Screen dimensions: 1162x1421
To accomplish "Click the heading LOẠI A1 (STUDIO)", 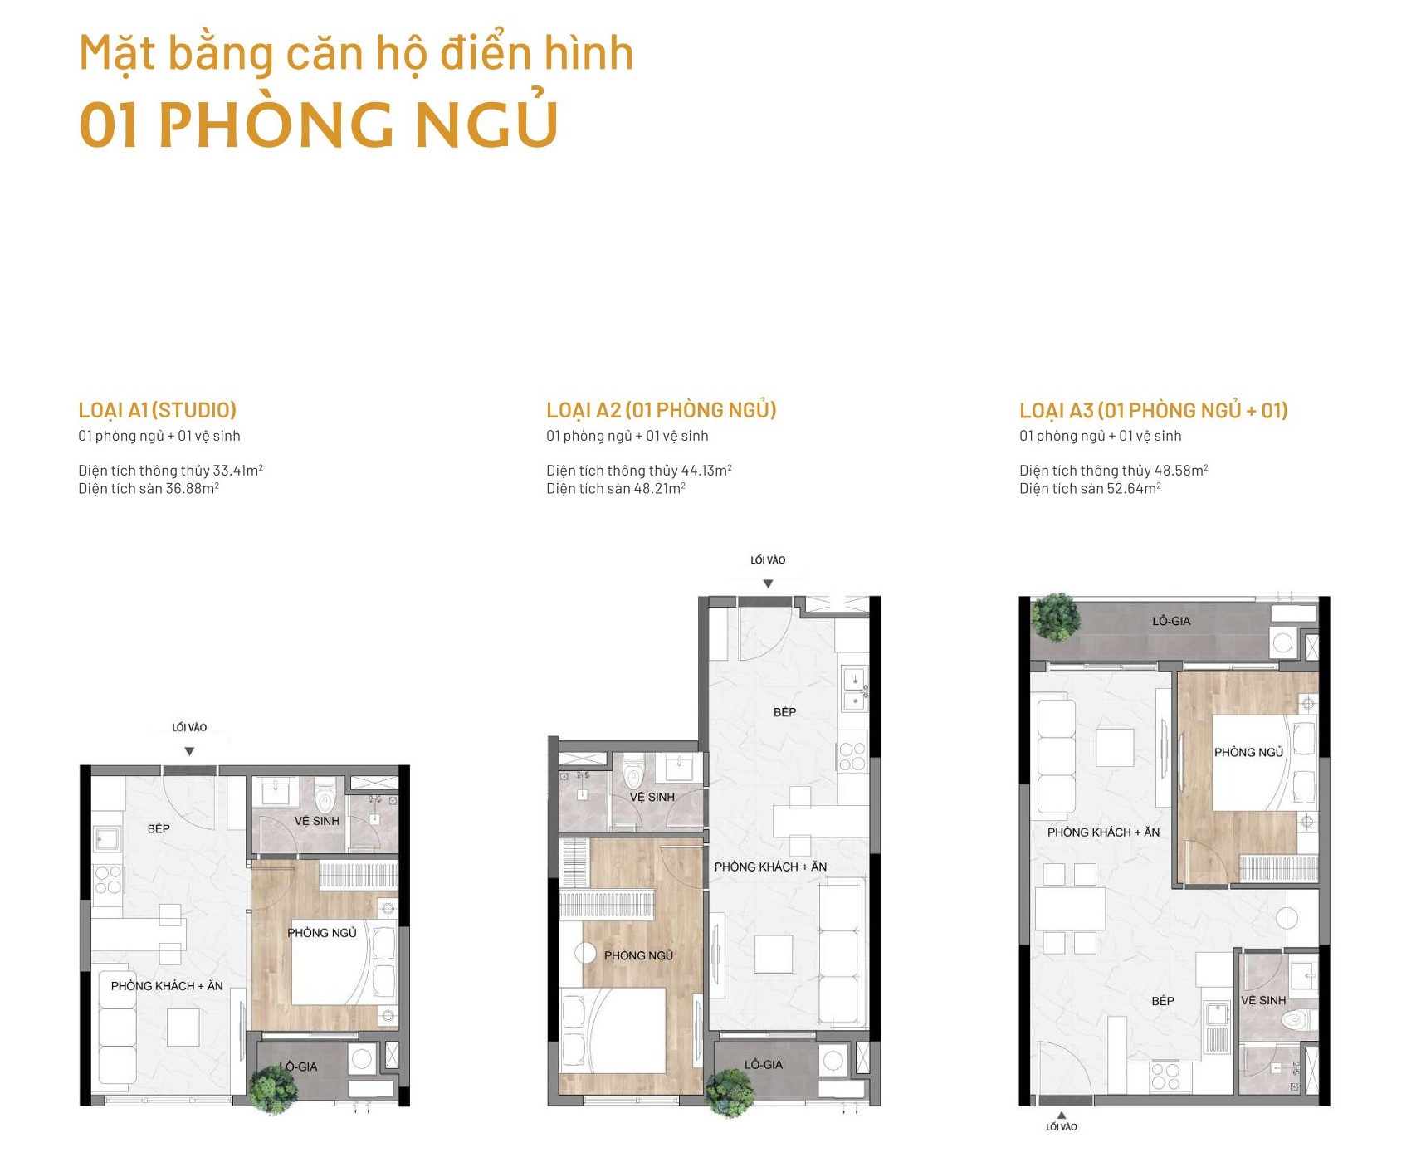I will (158, 410).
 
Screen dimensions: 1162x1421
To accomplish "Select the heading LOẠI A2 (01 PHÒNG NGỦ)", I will (661, 410).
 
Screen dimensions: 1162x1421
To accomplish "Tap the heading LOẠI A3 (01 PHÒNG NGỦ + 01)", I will (1153, 410).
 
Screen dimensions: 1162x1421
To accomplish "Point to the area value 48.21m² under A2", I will (659, 489).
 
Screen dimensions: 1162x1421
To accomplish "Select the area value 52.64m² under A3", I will (1133, 489).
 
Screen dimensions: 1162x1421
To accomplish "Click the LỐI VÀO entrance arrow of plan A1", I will (189, 751).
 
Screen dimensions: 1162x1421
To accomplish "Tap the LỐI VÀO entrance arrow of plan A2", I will (768, 583).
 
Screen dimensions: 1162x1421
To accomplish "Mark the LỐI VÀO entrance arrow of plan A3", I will (1061, 1116).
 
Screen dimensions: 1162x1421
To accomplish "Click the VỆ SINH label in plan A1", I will (316, 821).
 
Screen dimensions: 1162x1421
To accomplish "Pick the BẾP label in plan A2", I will (784, 712).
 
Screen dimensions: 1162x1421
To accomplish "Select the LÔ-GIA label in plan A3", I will (1170, 621).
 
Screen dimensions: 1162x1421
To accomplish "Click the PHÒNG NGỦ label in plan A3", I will (1248, 752).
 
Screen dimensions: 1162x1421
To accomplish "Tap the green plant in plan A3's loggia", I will (1055, 618).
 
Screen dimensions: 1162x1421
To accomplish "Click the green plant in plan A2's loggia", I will (730, 1092).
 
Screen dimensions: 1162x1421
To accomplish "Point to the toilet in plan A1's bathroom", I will (325, 798).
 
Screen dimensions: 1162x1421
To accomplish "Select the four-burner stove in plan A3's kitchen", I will (1165, 1077).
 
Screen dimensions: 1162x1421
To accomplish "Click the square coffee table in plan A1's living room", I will (183, 1027).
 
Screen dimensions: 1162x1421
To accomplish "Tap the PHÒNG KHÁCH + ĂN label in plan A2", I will (770, 867).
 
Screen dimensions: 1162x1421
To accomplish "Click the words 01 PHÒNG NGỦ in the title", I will (319, 124).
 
